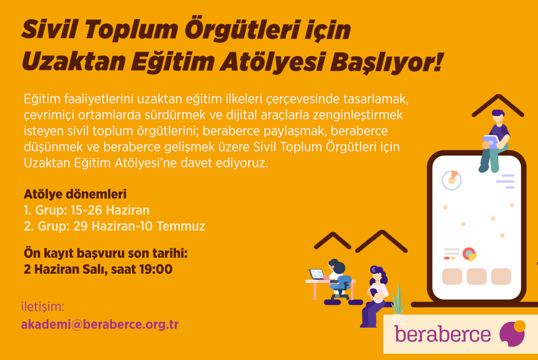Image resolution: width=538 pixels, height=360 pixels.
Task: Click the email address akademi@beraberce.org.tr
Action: (x=100, y=324)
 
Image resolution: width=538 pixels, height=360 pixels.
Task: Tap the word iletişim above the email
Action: (x=43, y=307)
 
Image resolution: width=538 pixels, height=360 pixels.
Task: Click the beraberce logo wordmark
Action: (x=442, y=334)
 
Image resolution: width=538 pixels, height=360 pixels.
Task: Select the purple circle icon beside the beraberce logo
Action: (x=512, y=333)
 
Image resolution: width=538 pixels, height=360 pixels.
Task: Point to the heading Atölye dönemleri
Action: (x=75, y=194)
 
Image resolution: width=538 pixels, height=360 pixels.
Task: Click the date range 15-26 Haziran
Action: (x=110, y=210)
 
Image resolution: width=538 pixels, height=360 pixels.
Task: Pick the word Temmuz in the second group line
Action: (x=181, y=226)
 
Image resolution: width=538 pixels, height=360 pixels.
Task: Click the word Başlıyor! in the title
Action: (x=386, y=61)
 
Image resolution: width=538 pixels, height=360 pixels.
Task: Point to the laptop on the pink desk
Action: (x=316, y=274)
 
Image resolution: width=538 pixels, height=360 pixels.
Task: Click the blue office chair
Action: (x=341, y=287)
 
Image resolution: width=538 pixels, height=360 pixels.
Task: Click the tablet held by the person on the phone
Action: (x=491, y=142)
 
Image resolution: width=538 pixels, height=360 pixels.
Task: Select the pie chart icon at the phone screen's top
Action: (x=452, y=180)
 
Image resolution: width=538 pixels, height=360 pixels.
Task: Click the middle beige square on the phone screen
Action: (x=477, y=276)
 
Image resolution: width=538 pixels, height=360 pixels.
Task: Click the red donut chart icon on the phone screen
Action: (x=469, y=254)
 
